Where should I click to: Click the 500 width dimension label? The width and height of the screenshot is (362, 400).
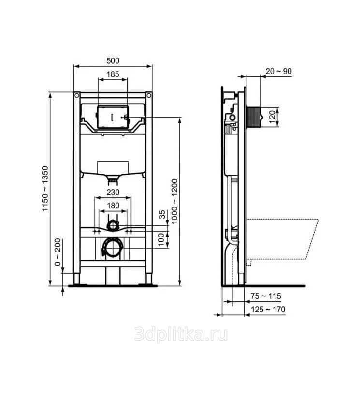(113, 61)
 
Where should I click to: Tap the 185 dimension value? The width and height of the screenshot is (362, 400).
(113, 74)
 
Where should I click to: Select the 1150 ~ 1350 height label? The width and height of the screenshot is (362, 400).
(45, 189)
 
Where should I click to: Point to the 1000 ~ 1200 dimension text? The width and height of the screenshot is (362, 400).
(174, 201)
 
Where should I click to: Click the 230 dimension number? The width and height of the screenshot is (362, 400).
(113, 192)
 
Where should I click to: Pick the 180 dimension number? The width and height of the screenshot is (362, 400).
(113, 206)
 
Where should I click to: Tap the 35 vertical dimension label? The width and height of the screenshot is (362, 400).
(162, 215)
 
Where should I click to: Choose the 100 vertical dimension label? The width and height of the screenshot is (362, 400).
(161, 239)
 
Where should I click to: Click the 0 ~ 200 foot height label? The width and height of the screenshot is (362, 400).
(58, 252)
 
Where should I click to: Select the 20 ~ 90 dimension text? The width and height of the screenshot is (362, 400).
(279, 71)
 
